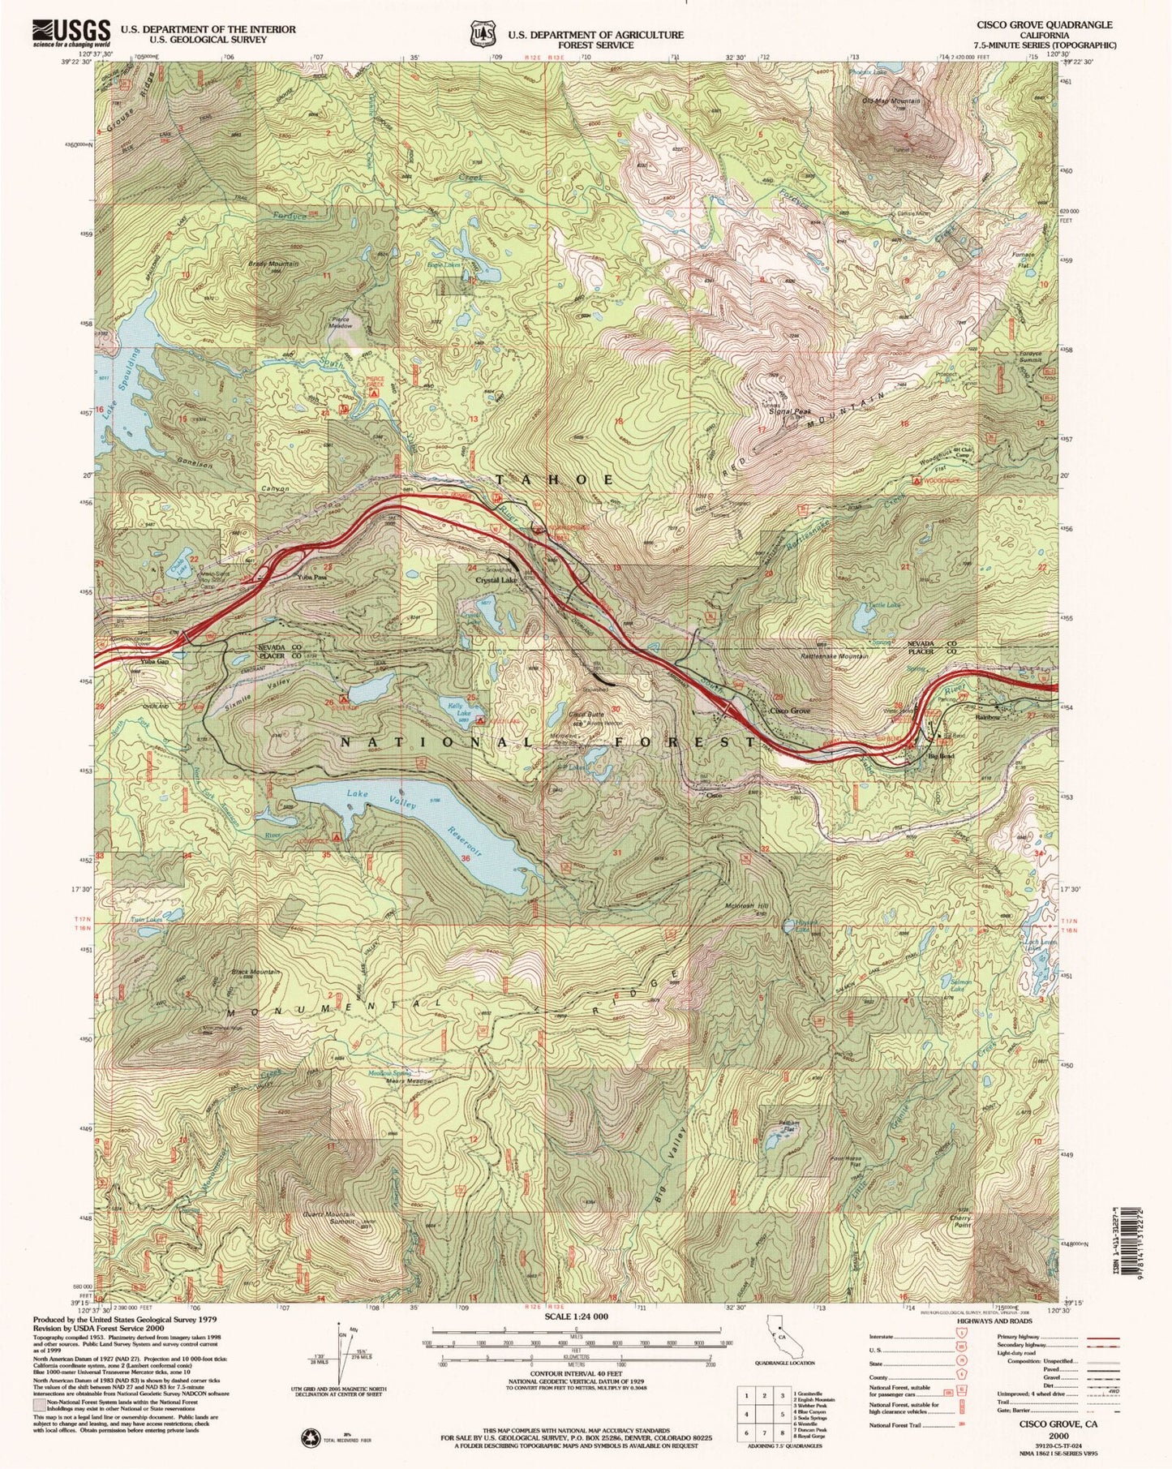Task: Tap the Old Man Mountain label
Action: pyautogui.click(x=892, y=101)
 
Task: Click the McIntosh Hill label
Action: pyautogui.click(x=744, y=906)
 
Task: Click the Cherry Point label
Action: pyautogui.click(x=960, y=1222)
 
